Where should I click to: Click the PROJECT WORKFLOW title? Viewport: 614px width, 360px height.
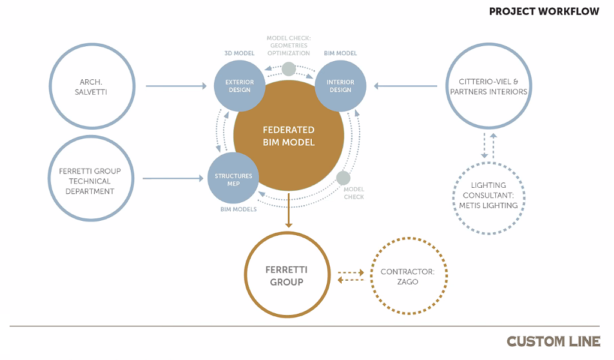(x=544, y=11)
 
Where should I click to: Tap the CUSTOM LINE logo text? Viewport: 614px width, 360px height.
(x=553, y=341)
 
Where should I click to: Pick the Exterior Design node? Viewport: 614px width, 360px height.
(x=239, y=86)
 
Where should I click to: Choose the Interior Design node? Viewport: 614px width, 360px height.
(x=341, y=86)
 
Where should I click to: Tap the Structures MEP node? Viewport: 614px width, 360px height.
(x=233, y=178)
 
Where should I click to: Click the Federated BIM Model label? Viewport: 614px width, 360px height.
(x=288, y=136)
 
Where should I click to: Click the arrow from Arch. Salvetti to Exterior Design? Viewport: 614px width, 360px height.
(x=176, y=86)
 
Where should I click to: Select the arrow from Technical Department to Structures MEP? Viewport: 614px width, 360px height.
(x=173, y=178)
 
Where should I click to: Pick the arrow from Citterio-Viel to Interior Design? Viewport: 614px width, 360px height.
(x=405, y=86)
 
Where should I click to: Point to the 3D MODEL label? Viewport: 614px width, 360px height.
(x=239, y=53)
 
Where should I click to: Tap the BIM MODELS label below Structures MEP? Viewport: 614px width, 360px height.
(x=239, y=209)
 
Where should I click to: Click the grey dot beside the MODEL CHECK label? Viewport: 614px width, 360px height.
(x=343, y=178)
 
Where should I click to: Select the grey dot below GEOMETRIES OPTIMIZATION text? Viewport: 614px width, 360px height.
(x=288, y=69)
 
